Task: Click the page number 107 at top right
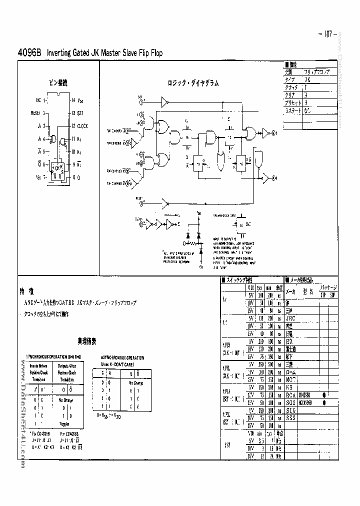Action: (x=328, y=34)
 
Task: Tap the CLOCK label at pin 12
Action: (x=83, y=126)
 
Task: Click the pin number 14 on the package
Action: (x=73, y=100)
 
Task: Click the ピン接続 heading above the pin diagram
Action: (x=57, y=81)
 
